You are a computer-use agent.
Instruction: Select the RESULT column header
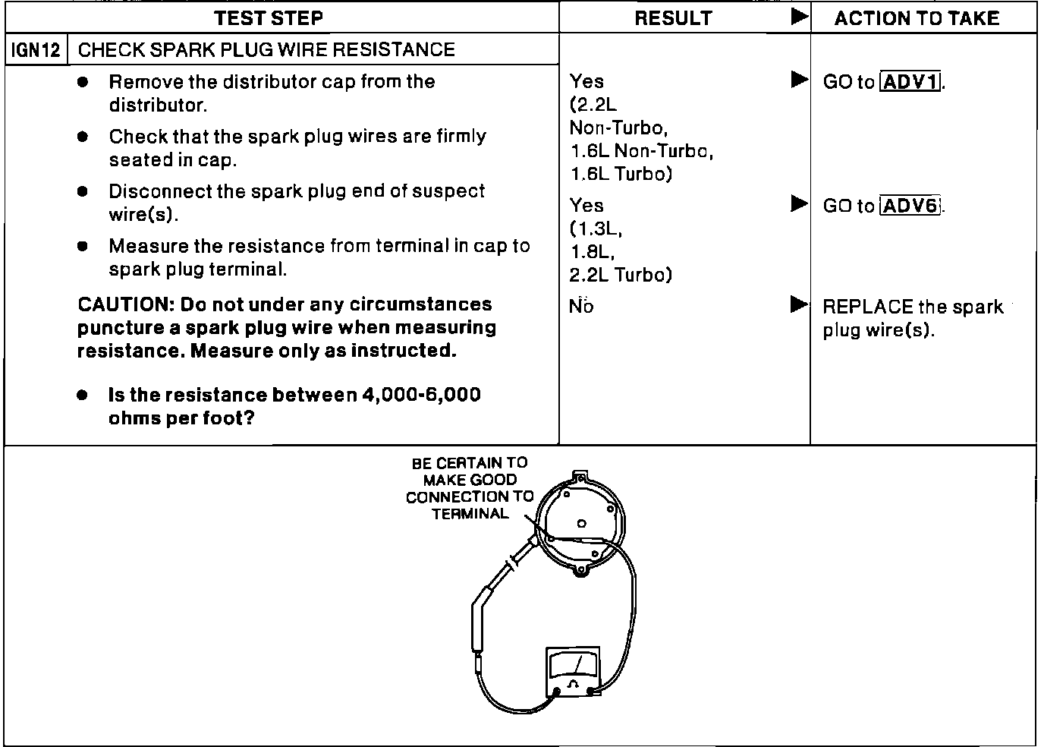(673, 18)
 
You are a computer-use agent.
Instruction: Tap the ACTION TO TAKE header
(917, 18)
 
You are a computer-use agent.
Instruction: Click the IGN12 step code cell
(36, 50)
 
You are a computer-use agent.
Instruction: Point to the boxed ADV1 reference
(910, 81)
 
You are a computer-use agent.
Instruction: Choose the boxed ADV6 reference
(910, 206)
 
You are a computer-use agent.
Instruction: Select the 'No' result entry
(581, 307)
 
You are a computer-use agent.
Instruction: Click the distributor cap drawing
(581, 524)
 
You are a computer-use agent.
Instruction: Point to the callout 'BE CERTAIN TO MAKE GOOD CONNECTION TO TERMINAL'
(469, 488)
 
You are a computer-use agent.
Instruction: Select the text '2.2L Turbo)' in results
(621, 275)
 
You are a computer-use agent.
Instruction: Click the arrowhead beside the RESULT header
(799, 17)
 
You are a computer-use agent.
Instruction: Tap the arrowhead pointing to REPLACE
(799, 305)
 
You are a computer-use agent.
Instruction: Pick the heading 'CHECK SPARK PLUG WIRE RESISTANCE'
(266, 50)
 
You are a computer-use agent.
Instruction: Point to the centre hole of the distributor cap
(581, 523)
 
